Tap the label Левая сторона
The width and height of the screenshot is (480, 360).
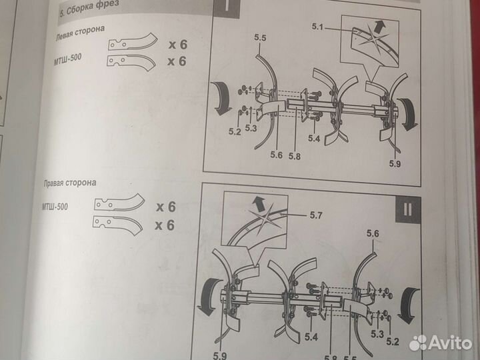pyautogui.click(x=80, y=33)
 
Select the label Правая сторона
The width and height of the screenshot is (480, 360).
pyautogui.click(x=70, y=183)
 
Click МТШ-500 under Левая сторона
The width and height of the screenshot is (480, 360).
pyautogui.click(x=67, y=59)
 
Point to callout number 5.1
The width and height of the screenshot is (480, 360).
pyautogui.click(x=317, y=27)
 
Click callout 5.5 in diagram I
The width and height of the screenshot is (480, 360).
pyautogui.click(x=260, y=38)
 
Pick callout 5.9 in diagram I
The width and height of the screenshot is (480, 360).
pyautogui.click(x=395, y=163)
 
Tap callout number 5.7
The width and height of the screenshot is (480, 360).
pyautogui.click(x=316, y=215)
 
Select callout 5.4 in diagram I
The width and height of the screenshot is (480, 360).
pyautogui.click(x=314, y=139)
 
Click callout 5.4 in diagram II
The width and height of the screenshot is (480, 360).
pyautogui.click(x=311, y=337)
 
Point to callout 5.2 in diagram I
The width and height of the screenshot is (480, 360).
pyautogui.click(x=235, y=131)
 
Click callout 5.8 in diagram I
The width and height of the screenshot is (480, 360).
pyautogui.click(x=294, y=156)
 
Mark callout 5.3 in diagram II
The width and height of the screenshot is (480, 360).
pyautogui.click(x=377, y=334)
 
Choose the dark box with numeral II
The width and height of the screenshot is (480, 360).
pyautogui.click(x=407, y=210)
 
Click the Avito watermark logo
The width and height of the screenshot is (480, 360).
pyautogui.click(x=441, y=343)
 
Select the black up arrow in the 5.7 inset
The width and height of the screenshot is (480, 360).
pyautogui.click(x=259, y=204)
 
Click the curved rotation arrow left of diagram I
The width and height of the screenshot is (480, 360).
pyautogui.click(x=221, y=98)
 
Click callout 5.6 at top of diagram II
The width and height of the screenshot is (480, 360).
pyautogui.click(x=373, y=233)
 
